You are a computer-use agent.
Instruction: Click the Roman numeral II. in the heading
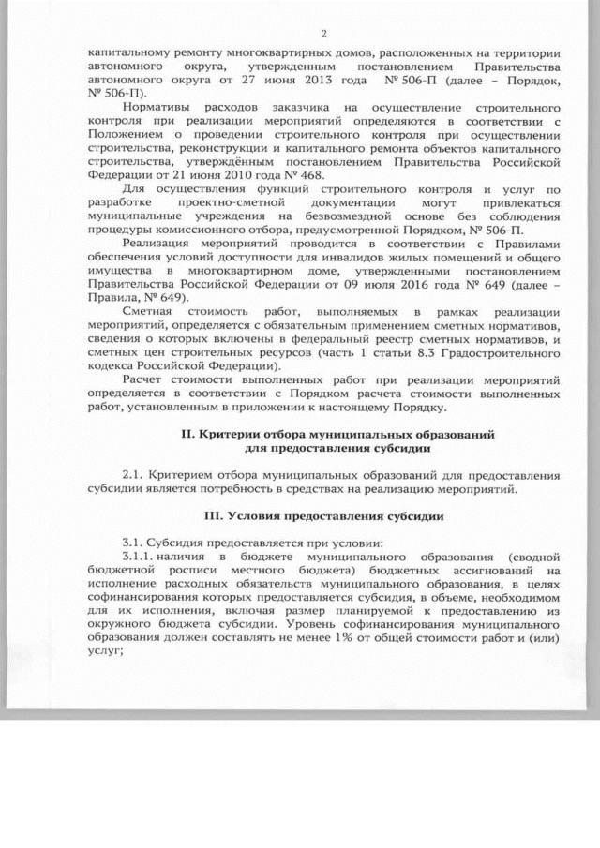click(x=186, y=435)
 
